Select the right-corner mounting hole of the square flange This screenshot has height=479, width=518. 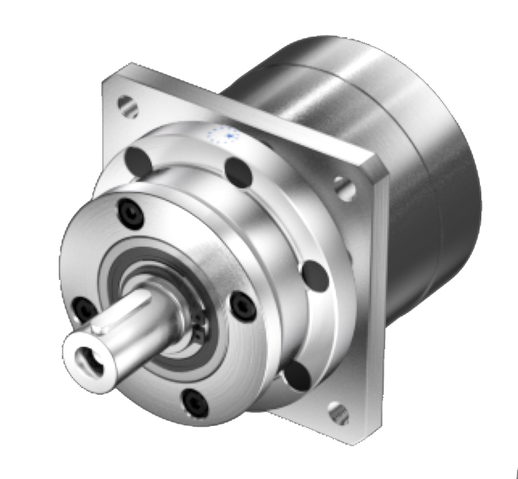(345, 188)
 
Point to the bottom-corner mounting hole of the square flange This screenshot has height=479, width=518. (338, 413)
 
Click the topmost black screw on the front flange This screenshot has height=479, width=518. (128, 214)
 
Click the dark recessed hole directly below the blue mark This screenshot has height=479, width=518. (240, 173)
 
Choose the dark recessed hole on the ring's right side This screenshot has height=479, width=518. (315, 275)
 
